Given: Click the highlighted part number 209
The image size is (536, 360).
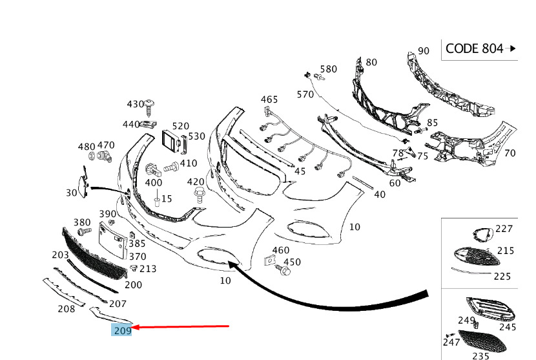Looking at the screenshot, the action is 123,330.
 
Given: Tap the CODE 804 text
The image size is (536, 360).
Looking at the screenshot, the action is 474,48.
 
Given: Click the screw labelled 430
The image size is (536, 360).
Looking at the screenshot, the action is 149,107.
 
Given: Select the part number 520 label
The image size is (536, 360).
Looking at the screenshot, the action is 180,126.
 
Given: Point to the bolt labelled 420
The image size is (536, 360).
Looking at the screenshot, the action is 198,195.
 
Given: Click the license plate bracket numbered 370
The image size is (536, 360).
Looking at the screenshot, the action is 111,240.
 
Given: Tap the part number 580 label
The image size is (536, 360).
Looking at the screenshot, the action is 329,69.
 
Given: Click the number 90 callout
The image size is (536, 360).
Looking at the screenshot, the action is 423,51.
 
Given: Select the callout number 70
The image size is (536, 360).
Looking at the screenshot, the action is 510,153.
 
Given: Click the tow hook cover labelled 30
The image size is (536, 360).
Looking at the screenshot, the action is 83,182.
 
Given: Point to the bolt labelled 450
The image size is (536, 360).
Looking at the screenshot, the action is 283,270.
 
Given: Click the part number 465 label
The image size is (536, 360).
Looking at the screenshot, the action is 269,100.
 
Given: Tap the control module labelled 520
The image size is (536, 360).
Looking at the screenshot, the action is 171,141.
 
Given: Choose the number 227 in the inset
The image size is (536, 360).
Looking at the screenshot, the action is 504,229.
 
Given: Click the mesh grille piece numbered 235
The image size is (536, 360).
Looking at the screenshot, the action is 482,341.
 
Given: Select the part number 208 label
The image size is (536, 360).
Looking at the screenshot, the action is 67,309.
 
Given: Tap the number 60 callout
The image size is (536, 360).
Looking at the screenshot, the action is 395,183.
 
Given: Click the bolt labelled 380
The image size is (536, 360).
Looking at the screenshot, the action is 85,231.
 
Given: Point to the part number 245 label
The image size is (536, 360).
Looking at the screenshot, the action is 508,327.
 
